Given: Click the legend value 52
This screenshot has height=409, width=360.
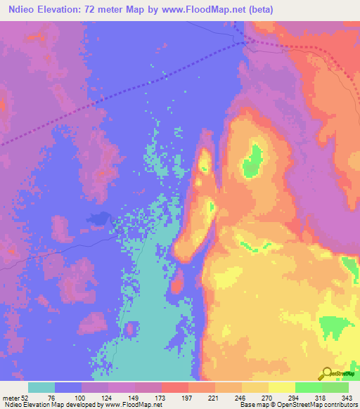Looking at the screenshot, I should [x=27, y=397].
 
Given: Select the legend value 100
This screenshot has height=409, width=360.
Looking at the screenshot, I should [x=82, y=397].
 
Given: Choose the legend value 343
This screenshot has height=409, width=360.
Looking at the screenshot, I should [x=348, y=397].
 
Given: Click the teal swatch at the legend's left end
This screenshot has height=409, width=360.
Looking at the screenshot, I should [x=41, y=387].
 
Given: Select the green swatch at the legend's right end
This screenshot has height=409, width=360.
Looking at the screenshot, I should [x=335, y=387].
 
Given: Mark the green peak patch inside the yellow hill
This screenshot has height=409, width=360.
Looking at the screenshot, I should [x=252, y=160].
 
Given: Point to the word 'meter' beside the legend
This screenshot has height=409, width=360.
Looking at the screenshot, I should [x=10, y=397].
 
